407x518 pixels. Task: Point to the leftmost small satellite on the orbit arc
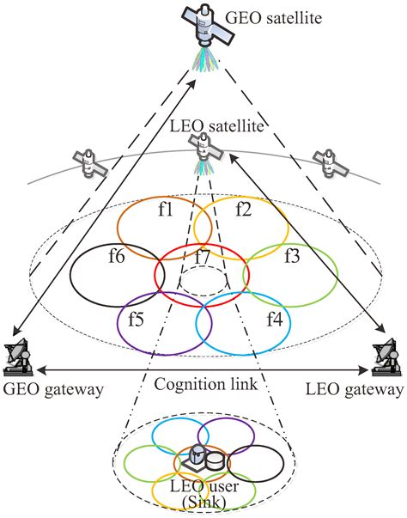(x=90, y=164)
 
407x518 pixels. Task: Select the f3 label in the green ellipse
(x=292, y=255)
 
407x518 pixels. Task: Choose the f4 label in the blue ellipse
(x=274, y=319)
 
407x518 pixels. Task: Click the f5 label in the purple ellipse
(x=136, y=319)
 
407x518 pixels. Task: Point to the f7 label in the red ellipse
(x=203, y=256)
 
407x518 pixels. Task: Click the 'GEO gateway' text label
(x=52, y=390)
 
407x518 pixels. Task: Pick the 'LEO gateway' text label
(x=353, y=390)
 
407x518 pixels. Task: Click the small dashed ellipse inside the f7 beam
(x=203, y=281)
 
